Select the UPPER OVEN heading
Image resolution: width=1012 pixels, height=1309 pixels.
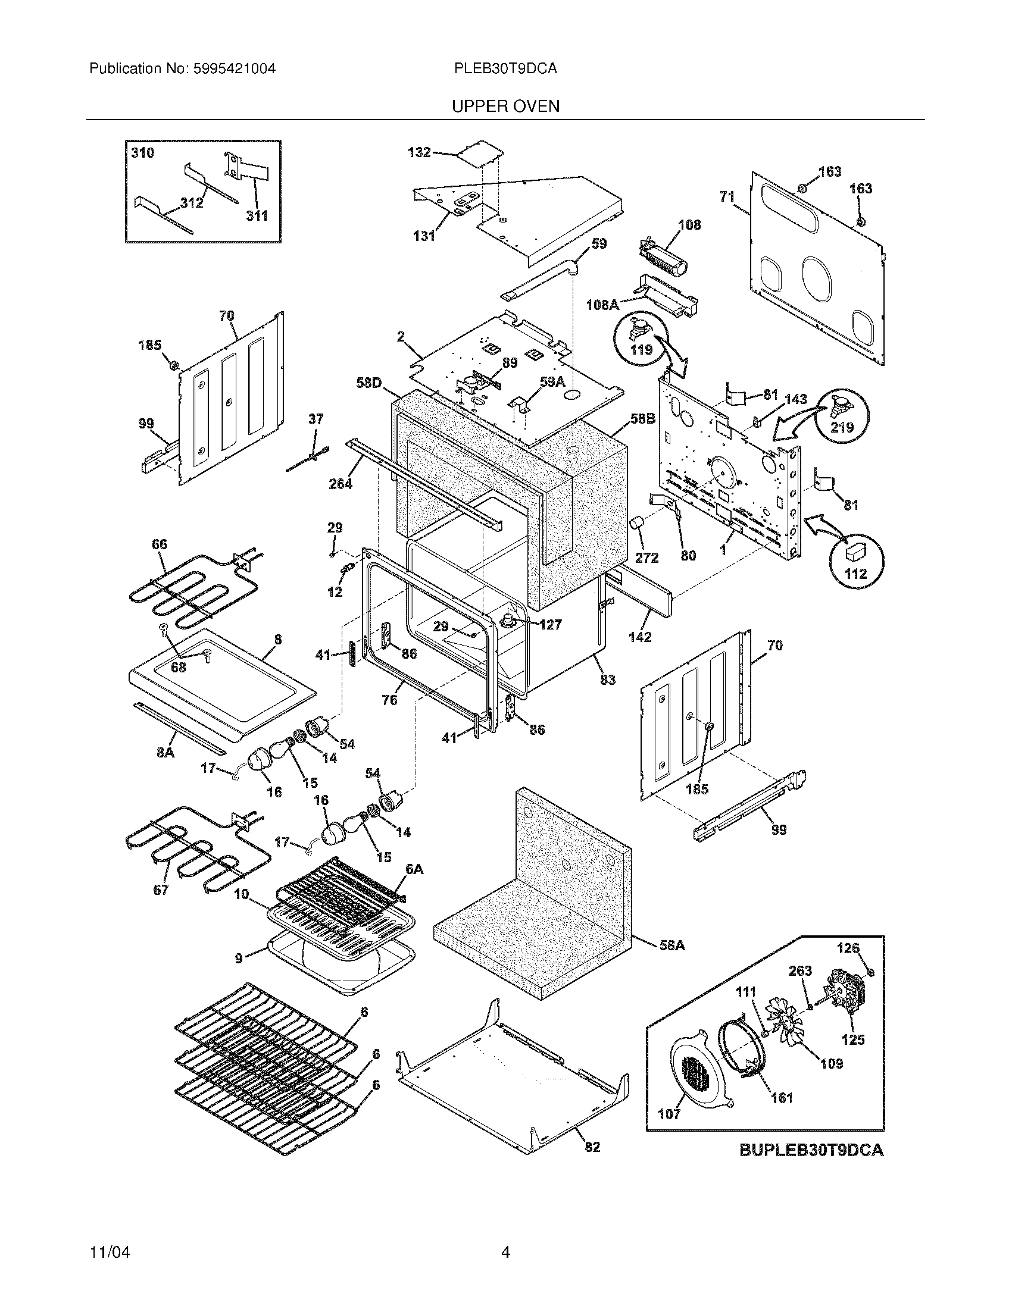click(x=505, y=107)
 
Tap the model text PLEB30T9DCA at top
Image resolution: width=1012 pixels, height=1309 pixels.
click(x=505, y=69)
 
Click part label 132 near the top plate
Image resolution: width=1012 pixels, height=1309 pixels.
click(x=419, y=153)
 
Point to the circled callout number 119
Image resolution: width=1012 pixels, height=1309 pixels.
click(x=641, y=349)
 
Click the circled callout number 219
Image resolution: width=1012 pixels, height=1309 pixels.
click(x=842, y=427)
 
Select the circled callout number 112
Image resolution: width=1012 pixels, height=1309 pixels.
click(x=855, y=574)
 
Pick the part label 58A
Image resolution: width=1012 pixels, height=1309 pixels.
click(x=671, y=945)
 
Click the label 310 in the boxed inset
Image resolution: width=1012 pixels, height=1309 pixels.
click(x=142, y=153)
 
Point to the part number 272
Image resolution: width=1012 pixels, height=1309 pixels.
click(x=646, y=558)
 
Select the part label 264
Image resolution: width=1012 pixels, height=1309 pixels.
click(x=340, y=484)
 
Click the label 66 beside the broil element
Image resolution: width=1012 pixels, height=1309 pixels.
click(x=159, y=544)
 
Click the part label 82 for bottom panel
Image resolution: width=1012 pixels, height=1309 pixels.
click(x=592, y=1146)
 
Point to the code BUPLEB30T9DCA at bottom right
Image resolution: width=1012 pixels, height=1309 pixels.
click(x=811, y=1150)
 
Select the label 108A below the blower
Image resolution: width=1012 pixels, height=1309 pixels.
click(x=602, y=305)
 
